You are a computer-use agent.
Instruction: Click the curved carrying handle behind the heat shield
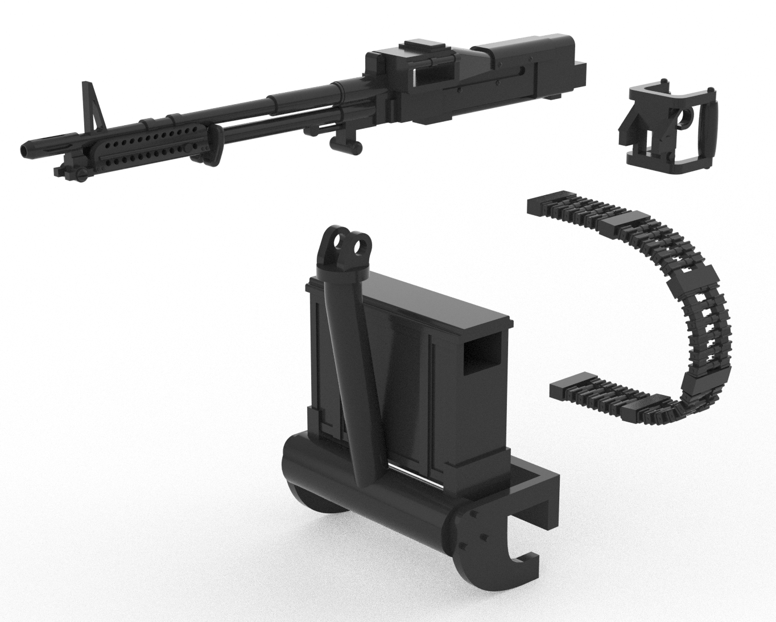point(215,145)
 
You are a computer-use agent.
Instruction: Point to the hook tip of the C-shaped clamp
point(526,561)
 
